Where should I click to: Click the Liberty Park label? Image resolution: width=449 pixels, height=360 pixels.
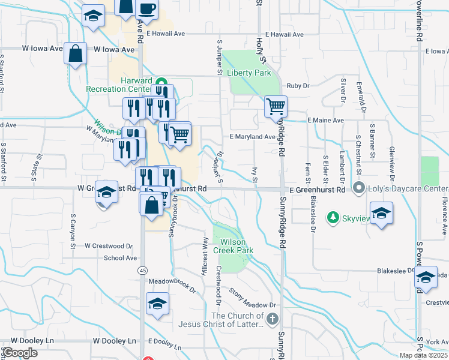[x=249, y=73]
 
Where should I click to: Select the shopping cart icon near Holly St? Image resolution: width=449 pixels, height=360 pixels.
[x=276, y=107]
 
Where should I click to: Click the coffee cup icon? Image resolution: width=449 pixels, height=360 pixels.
[x=147, y=9]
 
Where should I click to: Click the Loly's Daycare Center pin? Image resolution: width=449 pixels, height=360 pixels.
[x=360, y=188]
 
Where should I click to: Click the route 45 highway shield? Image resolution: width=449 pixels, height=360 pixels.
[x=142, y=271]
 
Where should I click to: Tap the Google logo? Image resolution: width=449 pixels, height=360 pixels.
[x=20, y=353]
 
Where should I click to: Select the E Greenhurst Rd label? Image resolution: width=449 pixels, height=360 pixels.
[x=318, y=190]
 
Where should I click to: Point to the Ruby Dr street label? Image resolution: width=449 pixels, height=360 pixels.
[x=298, y=86]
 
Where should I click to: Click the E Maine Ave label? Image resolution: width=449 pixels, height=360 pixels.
[x=325, y=121]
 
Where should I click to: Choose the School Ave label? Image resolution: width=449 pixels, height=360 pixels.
[x=121, y=258]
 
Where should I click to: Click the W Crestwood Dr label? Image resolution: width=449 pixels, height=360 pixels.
[x=108, y=246]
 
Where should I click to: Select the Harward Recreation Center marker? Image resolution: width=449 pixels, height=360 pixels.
[x=161, y=82]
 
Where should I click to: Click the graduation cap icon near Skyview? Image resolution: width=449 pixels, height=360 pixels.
[x=381, y=214]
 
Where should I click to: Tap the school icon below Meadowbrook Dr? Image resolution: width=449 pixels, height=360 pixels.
[x=157, y=304]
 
